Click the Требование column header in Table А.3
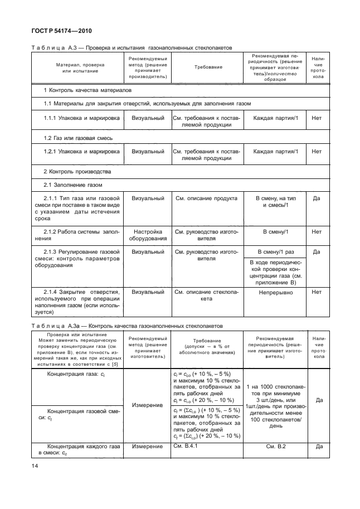(208, 67)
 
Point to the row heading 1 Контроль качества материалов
(88, 90)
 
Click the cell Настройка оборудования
(149, 235)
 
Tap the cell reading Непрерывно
(275, 292)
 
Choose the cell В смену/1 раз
(275, 252)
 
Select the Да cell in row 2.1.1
(317, 198)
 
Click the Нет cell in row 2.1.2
(317, 231)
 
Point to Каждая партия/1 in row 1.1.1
(275, 118)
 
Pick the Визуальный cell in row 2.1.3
(149, 252)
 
